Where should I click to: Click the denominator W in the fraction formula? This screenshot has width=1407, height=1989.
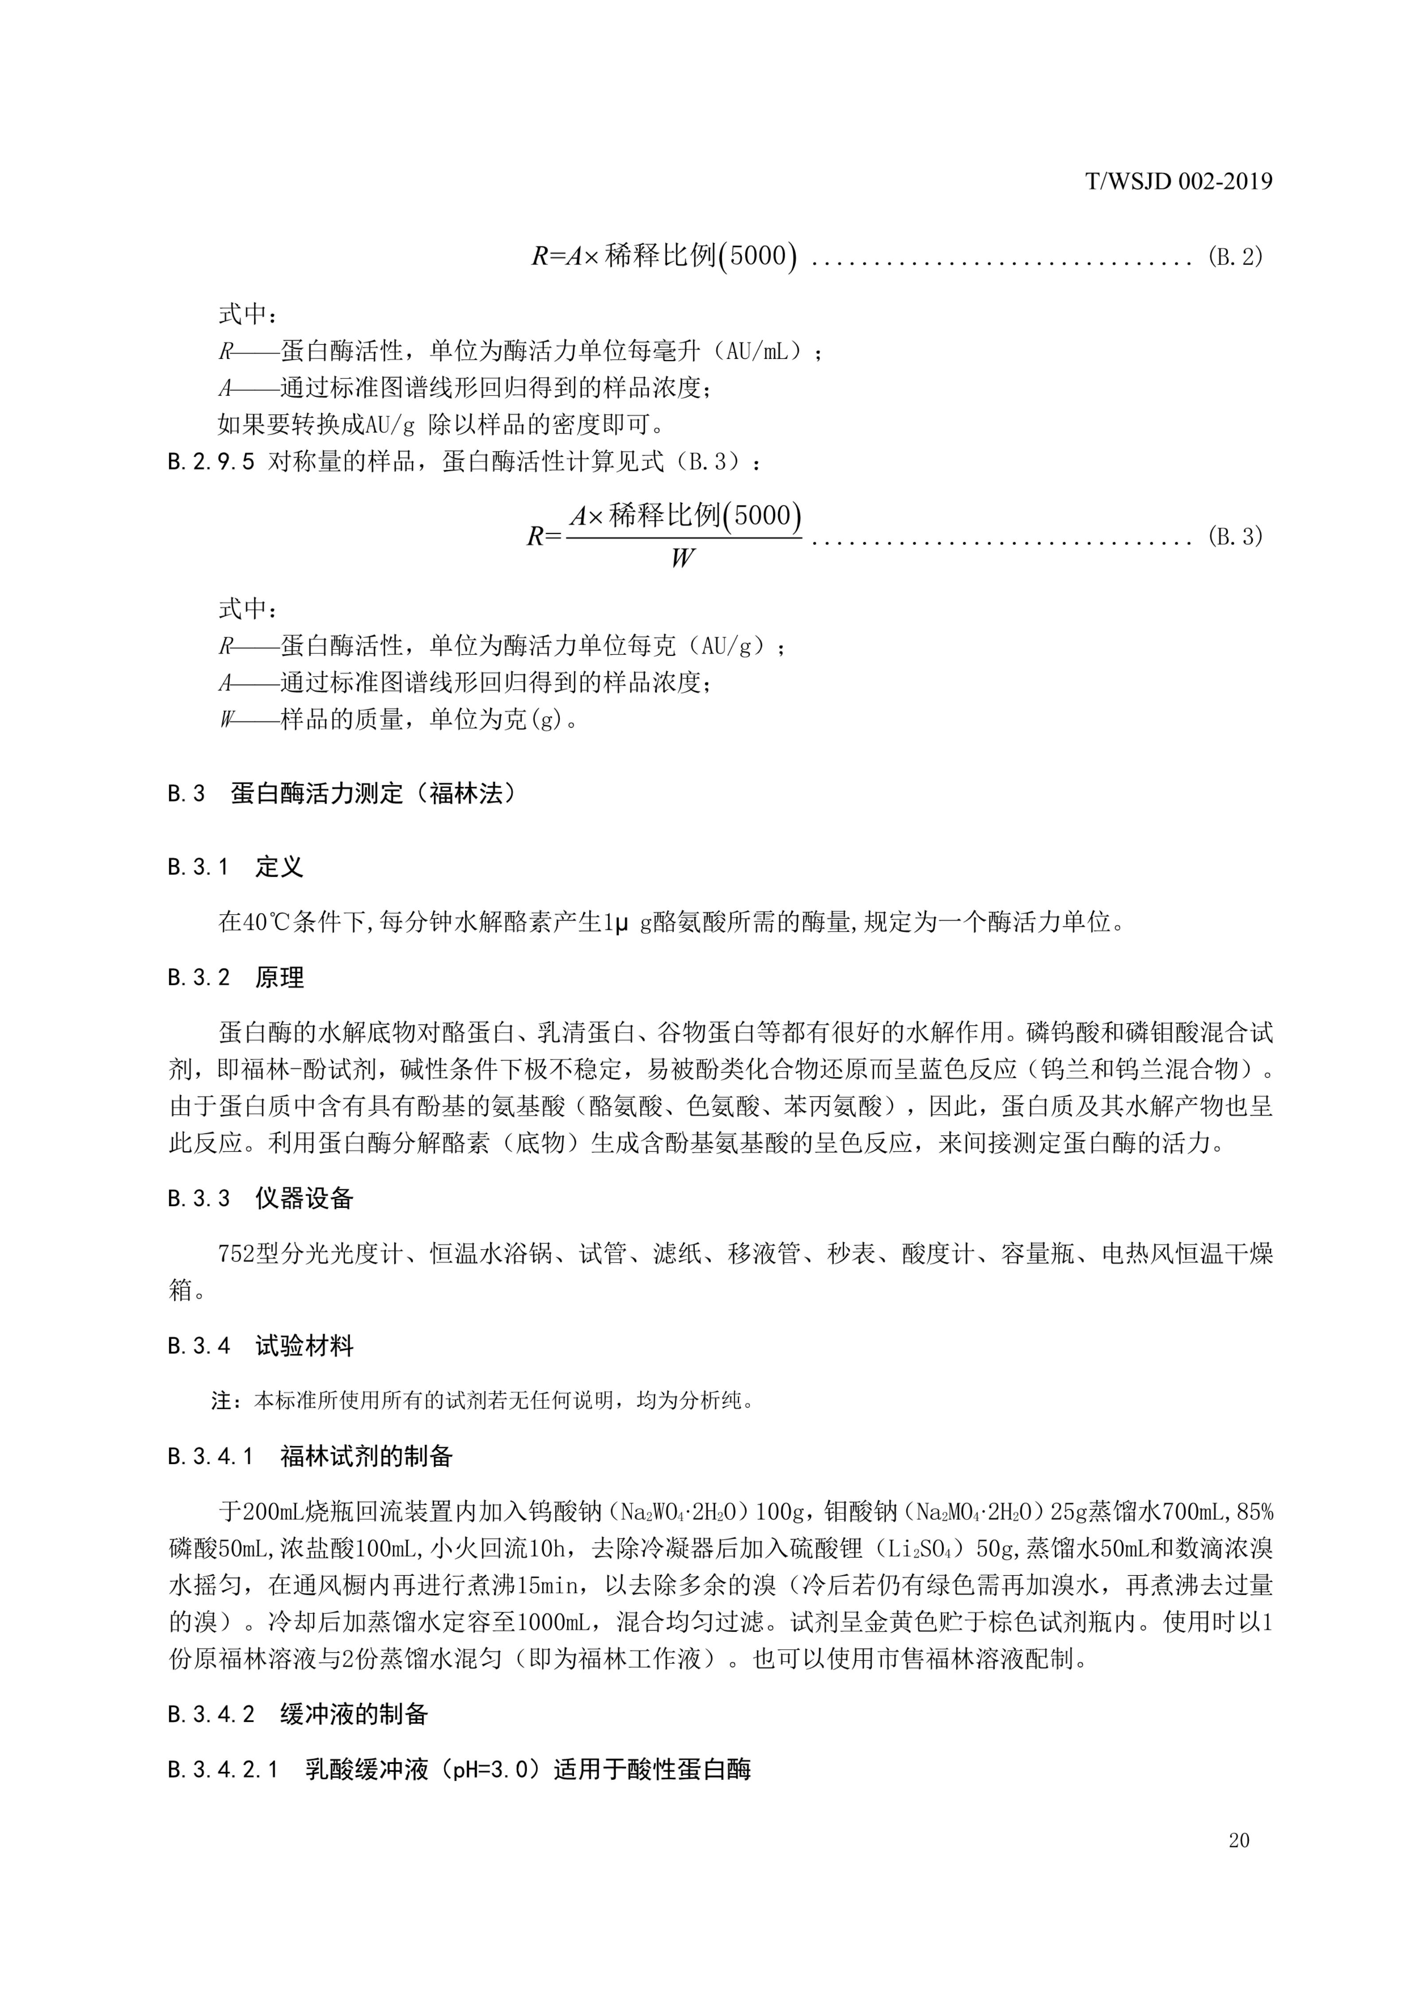coord(682,559)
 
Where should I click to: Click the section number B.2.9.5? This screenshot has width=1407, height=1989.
coord(210,462)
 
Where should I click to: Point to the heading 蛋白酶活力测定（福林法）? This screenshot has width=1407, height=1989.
coord(373,793)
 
